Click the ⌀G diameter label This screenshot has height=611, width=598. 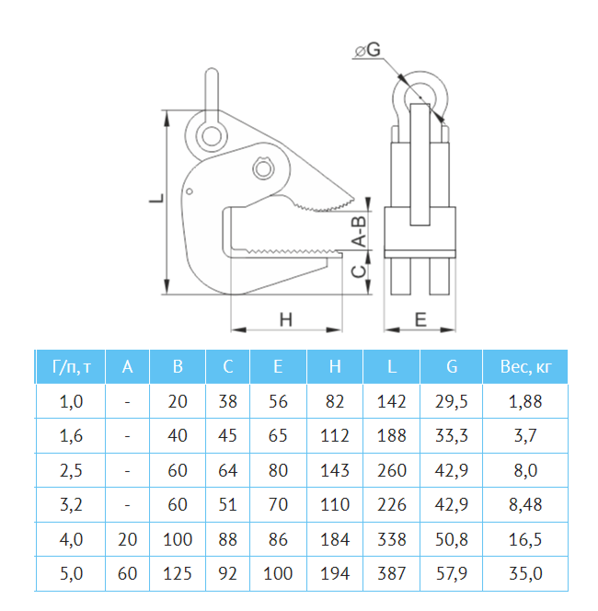[x=368, y=50]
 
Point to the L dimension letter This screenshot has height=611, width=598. [x=156, y=198]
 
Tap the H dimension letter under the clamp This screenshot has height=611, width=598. [x=286, y=319]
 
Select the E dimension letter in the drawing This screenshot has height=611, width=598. [x=420, y=319]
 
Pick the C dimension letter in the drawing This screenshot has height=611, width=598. [x=359, y=271]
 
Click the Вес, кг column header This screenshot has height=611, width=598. [x=525, y=366]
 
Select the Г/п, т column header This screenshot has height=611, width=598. [x=71, y=366]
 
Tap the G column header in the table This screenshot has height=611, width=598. [x=452, y=366]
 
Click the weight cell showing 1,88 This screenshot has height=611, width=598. [x=525, y=402]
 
